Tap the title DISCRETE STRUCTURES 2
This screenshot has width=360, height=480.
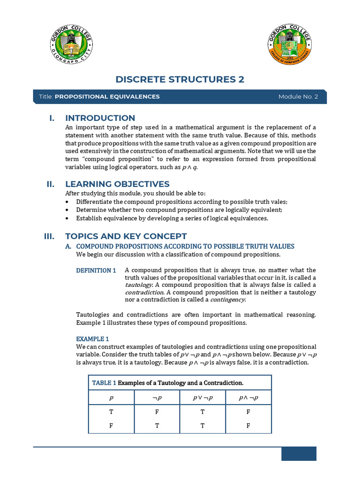(x=180, y=79)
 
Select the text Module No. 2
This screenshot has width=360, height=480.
(x=298, y=97)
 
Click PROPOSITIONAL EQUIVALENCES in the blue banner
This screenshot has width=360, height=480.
(x=107, y=97)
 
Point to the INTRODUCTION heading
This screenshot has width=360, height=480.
(x=100, y=118)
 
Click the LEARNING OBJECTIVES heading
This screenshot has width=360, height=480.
(x=117, y=184)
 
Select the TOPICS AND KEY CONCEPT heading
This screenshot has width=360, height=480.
(x=126, y=236)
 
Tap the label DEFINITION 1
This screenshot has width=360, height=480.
(x=96, y=270)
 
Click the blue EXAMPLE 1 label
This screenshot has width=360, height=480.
(x=92, y=338)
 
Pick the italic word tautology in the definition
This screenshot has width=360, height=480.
(x=138, y=285)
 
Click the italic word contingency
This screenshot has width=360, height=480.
(x=227, y=300)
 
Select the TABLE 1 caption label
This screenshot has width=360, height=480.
(x=104, y=383)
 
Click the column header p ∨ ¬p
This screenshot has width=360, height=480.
(x=202, y=398)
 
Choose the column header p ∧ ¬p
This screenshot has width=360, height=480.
(x=248, y=398)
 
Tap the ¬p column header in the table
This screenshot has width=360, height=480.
(x=157, y=398)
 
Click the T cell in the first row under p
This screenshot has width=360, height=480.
(x=111, y=412)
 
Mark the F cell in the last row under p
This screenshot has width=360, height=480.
(x=111, y=426)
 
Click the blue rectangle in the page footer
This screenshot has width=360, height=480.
(x=299, y=454)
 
